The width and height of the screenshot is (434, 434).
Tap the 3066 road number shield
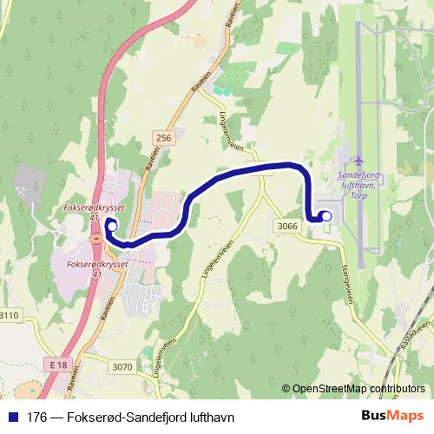(288, 226)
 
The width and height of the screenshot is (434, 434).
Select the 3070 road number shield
(122, 366)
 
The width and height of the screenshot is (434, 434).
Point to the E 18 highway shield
(58, 365)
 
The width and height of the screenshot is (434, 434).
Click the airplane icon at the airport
(358, 161)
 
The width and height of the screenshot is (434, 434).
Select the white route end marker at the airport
(326, 216)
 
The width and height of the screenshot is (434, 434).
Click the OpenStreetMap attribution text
(358, 389)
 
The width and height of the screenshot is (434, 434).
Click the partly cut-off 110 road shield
(9, 316)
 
